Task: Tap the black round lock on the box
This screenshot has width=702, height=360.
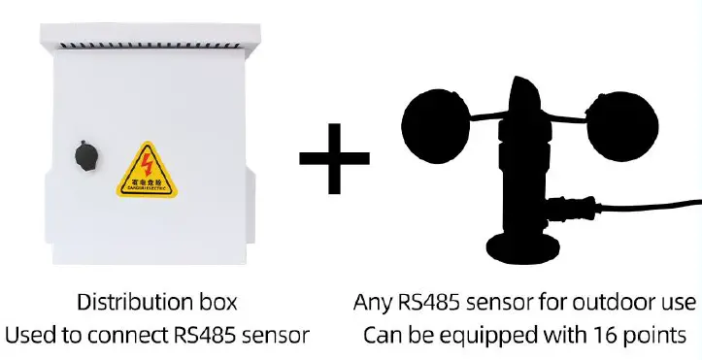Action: (x=83, y=154)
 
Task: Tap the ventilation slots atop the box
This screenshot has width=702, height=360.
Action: (x=150, y=45)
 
